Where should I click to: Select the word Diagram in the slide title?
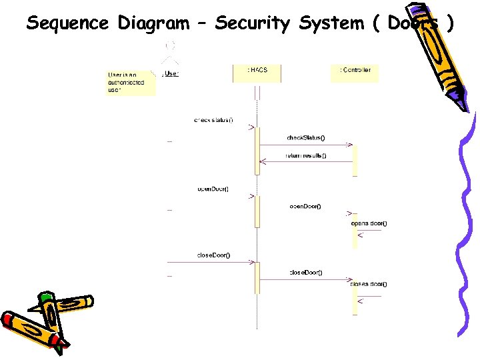tap(153, 23)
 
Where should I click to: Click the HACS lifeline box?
tap(257, 73)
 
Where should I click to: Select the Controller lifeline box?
tap(355, 73)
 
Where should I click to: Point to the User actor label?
tap(171, 73)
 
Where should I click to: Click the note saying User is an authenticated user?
tap(130, 82)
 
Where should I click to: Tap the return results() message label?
tap(306, 155)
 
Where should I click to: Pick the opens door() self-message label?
tap(369, 223)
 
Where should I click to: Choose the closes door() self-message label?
tap(369, 284)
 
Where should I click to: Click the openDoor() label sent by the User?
tap(213, 189)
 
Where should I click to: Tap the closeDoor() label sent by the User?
tap(213, 255)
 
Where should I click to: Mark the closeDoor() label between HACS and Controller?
tap(305, 272)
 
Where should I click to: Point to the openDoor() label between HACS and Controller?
tap(305, 206)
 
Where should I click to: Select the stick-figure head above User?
tap(171, 45)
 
